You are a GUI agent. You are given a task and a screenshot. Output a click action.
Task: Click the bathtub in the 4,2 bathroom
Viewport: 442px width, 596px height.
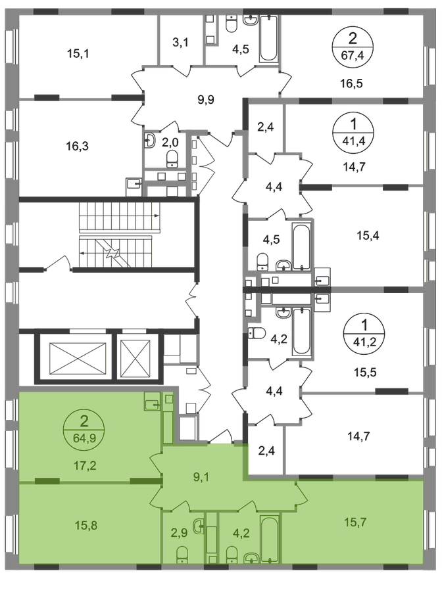[270, 538]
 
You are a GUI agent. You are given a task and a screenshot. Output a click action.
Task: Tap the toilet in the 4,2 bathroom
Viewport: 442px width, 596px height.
[232, 555]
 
